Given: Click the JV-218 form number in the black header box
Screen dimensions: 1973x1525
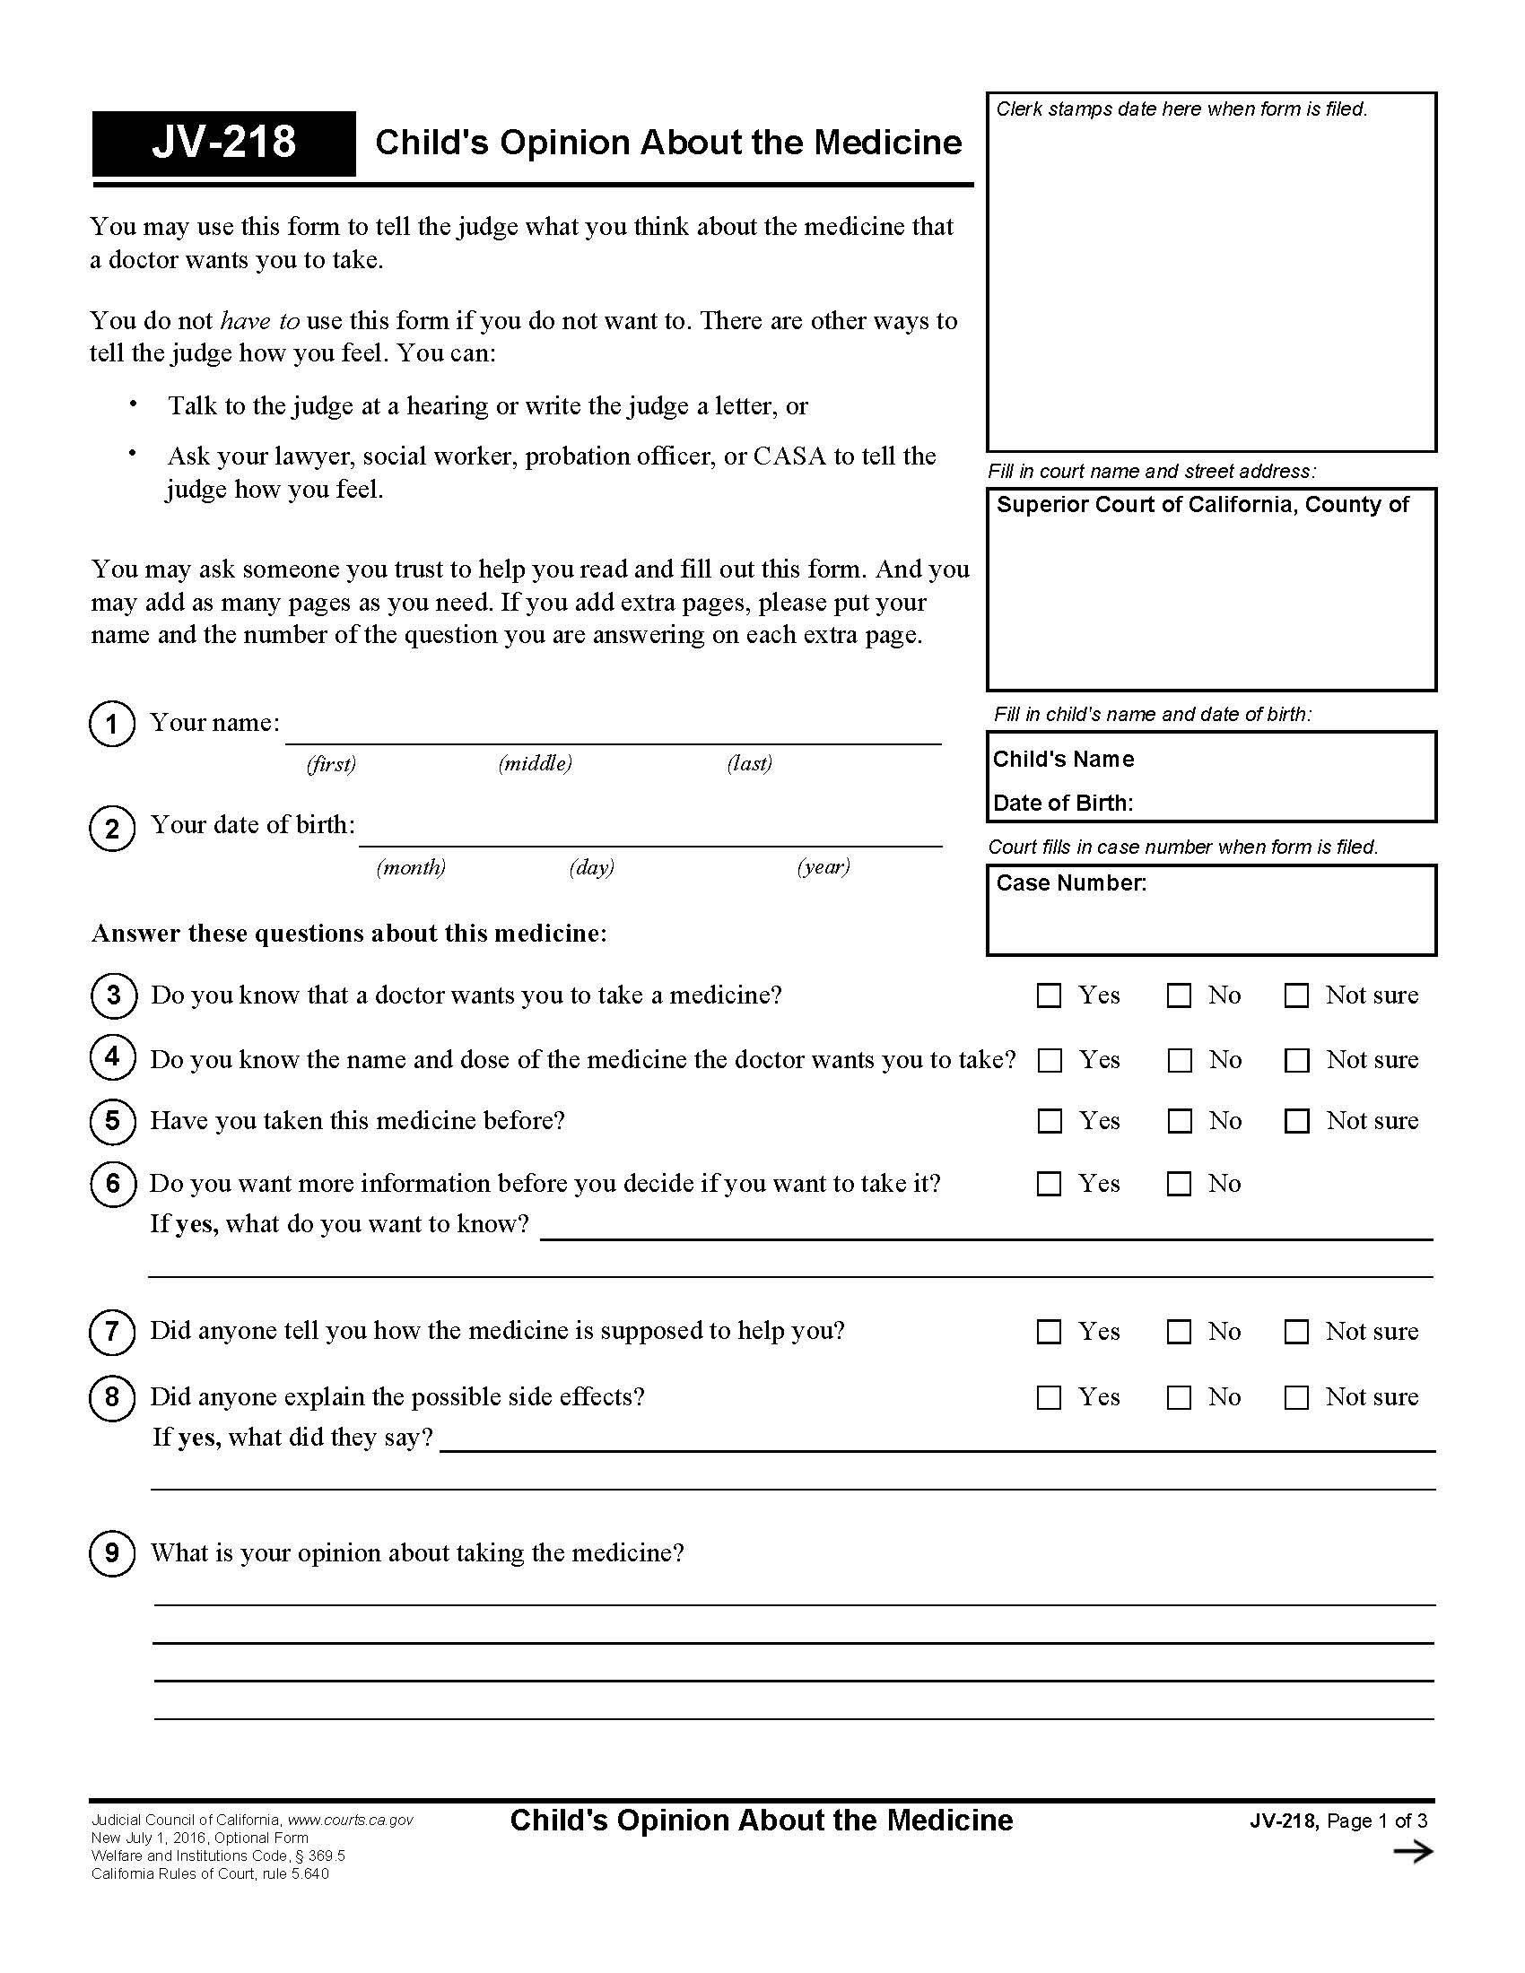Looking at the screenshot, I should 223,143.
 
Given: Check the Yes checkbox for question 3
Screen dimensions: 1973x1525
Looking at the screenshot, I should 1049,995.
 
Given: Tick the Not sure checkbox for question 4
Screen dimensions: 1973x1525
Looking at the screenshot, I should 1296,1060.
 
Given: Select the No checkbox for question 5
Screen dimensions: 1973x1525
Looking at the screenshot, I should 1179,1121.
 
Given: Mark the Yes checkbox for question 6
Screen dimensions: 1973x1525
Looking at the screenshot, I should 1049,1184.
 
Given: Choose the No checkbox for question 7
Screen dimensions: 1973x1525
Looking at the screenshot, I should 1179,1332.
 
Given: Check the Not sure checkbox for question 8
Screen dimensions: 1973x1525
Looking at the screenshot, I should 1296,1397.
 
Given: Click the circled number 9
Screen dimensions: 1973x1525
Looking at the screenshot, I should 112,1553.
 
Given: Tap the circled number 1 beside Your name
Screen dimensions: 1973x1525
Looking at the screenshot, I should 112,724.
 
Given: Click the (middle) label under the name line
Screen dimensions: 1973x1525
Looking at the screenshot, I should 535,763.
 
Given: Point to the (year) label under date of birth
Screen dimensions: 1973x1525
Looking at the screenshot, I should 823,867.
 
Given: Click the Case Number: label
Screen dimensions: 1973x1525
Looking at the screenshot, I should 1070,882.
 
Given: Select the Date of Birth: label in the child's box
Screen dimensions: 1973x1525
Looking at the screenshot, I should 1062,804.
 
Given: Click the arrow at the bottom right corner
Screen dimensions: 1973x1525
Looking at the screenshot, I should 1413,1852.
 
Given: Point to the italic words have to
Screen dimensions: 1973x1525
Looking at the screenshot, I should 259,321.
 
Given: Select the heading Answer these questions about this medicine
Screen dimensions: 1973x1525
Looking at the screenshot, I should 349,934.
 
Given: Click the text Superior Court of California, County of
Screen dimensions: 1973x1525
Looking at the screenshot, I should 1201,505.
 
